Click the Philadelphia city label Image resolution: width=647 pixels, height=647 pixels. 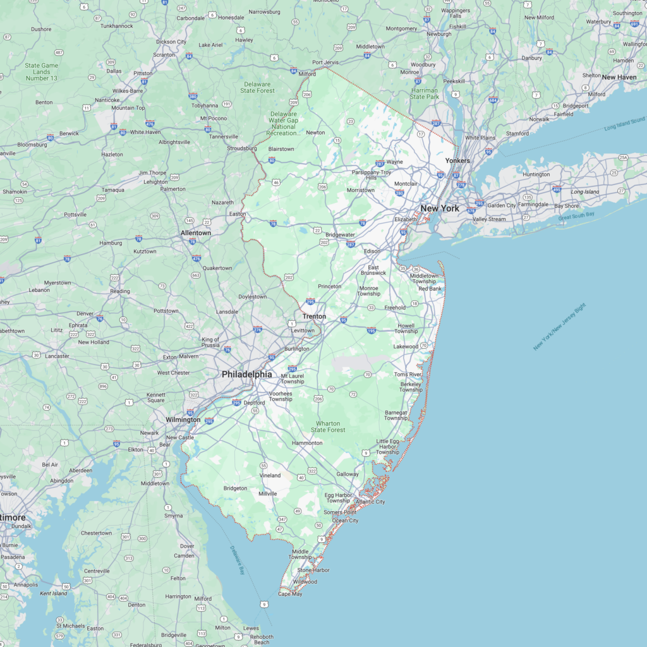246,374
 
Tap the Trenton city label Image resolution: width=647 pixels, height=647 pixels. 314,316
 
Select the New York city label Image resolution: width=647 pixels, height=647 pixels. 440,208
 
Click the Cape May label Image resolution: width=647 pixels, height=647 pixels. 290,594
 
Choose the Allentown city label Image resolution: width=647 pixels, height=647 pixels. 196,233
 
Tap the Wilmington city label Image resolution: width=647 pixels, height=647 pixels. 183,420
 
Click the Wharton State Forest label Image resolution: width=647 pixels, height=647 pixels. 328,426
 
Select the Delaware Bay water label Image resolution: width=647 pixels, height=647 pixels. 237,560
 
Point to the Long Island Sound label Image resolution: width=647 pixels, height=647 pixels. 624,123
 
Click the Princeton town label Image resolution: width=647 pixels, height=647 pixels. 329,286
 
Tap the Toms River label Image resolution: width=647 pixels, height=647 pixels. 408,375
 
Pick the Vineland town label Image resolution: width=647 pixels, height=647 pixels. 270,475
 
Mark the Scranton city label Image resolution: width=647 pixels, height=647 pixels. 164,55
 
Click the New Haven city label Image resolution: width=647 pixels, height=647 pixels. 619,77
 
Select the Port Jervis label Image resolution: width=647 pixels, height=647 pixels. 326,63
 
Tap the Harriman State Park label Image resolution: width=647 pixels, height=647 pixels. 424,94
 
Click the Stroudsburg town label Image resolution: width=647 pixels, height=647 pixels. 241,148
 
